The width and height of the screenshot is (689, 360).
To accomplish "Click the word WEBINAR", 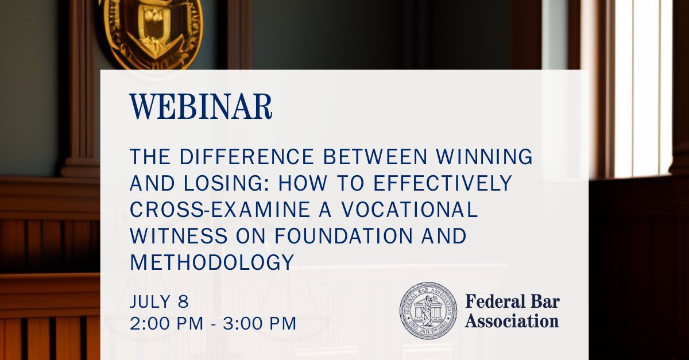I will tap(200, 107).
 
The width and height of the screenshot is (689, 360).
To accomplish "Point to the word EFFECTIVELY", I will tap(442, 183).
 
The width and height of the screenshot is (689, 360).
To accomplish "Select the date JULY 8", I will tap(159, 301).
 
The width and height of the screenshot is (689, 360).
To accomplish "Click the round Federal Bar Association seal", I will tap(428, 311).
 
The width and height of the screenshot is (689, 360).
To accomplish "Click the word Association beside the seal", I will tap(512, 320).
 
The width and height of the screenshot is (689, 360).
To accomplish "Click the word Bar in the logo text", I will tap(544, 301).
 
